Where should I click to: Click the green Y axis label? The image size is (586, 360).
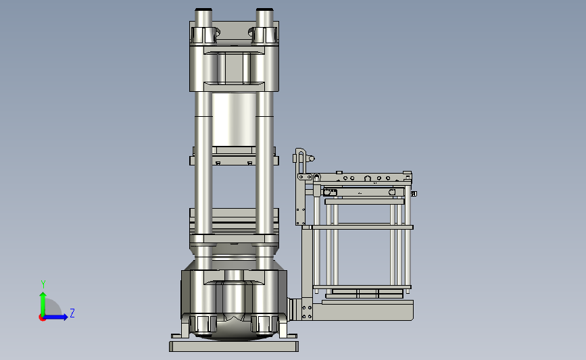43,284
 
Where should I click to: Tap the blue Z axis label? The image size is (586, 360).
72,313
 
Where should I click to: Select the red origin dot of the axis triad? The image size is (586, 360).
42,318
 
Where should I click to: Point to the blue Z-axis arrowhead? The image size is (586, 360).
65,317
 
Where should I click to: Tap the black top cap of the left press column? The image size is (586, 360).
203,9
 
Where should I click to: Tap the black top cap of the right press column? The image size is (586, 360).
264,9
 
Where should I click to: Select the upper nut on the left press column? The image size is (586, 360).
204,35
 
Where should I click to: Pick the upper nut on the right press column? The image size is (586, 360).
265,35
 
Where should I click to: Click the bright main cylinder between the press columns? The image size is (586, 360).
234,120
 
